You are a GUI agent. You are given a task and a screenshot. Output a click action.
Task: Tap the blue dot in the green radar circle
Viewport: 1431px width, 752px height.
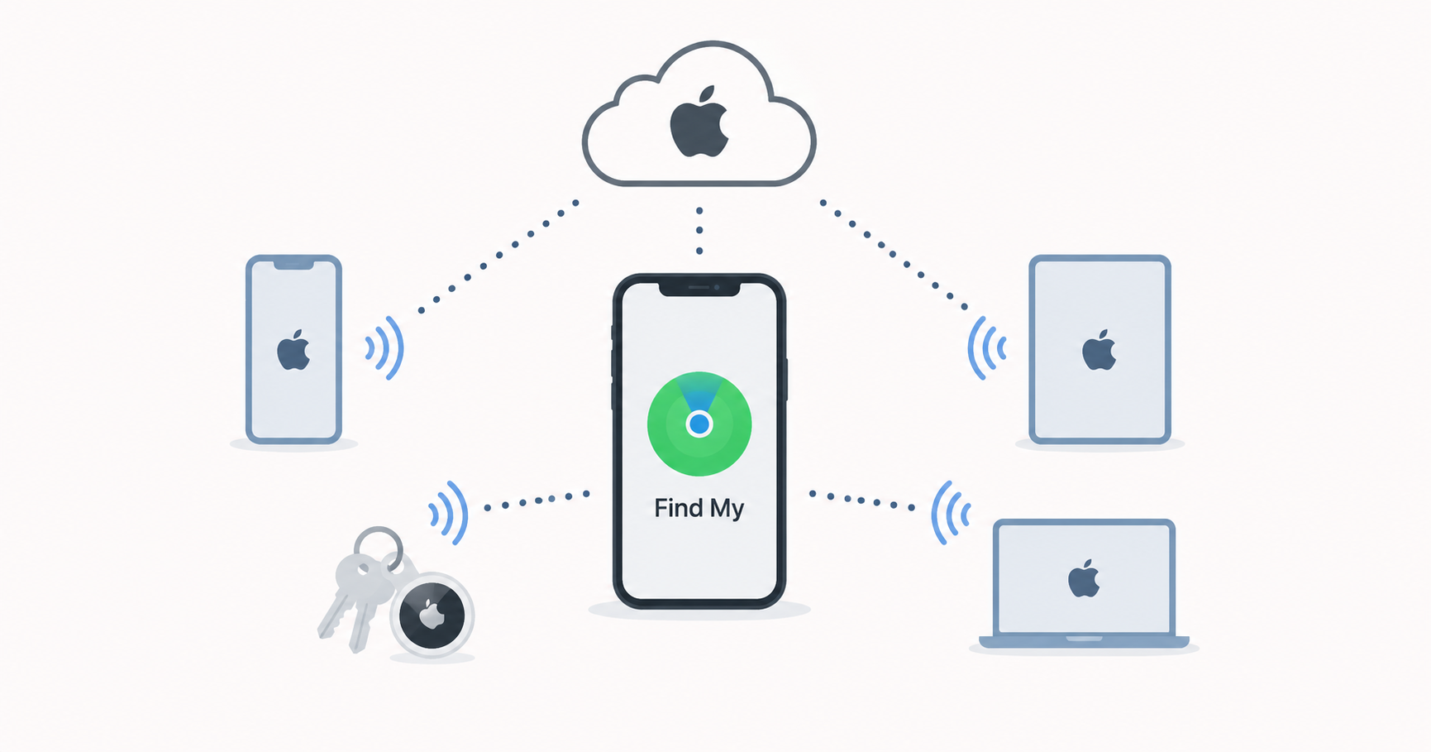coord(699,424)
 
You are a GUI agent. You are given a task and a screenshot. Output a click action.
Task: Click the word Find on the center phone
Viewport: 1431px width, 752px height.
coord(679,507)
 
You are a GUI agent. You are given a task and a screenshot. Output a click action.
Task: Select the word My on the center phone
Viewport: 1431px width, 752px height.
coord(727,509)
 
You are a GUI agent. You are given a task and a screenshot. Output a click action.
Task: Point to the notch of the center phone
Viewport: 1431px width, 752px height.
coord(699,288)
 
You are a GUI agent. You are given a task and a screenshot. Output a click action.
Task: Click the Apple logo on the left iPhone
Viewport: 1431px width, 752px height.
coord(293,350)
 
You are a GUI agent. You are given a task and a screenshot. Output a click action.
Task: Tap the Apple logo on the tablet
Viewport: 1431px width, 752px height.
coord(1099,350)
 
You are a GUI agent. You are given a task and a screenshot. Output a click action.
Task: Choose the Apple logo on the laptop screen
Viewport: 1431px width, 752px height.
coord(1084,578)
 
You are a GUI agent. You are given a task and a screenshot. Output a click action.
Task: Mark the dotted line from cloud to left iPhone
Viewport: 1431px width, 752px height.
coord(498,256)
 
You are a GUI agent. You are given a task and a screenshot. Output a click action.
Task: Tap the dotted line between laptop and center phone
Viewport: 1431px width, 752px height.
coord(861,501)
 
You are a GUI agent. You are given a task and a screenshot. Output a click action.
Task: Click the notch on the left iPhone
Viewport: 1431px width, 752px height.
coord(293,264)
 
